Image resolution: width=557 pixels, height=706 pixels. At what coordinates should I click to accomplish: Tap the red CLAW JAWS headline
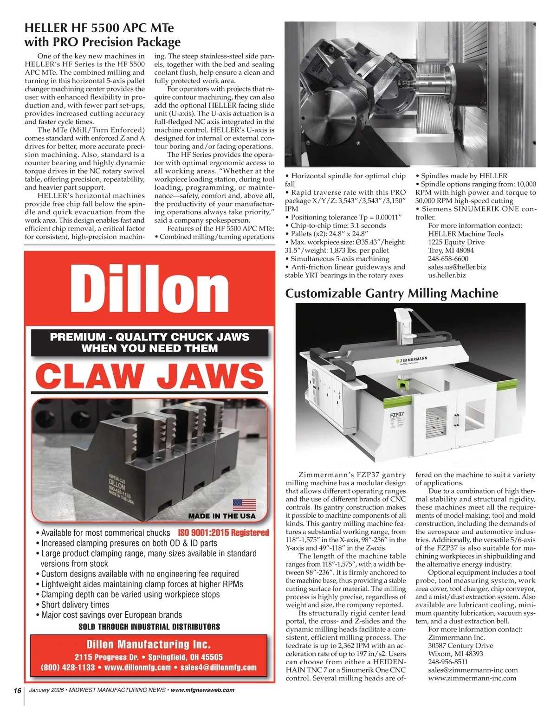coord(149,376)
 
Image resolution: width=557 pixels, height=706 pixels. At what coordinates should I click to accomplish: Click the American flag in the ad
coord(244,505)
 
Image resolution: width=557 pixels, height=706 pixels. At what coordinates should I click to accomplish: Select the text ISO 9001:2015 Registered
coord(223,533)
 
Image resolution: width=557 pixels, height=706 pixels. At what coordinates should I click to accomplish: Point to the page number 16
coord(18,690)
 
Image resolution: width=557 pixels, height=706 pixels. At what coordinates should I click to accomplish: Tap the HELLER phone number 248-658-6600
coord(448,258)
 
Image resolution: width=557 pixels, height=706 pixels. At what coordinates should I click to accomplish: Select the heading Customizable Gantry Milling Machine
coord(391,293)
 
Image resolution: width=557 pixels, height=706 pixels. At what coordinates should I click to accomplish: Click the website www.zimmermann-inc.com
coord(472,678)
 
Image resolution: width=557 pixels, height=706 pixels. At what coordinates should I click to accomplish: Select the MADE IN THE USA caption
coord(221,516)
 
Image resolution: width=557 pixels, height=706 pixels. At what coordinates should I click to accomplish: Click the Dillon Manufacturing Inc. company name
coord(149,644)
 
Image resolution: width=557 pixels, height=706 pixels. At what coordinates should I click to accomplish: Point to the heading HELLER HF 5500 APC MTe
coord(98,28)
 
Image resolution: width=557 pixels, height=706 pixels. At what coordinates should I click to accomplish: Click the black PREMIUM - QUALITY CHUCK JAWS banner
coord(149,343)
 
